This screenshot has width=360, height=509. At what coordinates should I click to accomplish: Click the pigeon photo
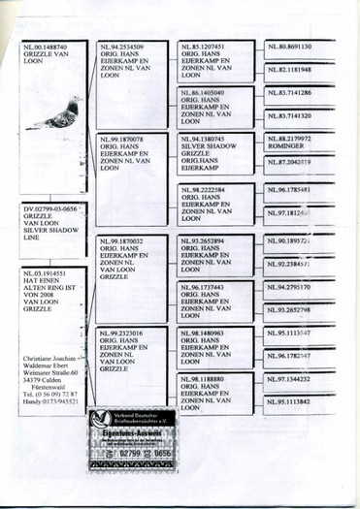[x=52, y=115]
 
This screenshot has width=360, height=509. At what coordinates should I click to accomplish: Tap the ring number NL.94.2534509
[x=123, y=47]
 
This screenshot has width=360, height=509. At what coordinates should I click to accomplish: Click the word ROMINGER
[x=287, y=146]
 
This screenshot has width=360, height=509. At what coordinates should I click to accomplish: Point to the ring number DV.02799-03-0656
[x=49, y=208]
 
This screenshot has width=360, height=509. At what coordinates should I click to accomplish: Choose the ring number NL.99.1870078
[x=123, y=140]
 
